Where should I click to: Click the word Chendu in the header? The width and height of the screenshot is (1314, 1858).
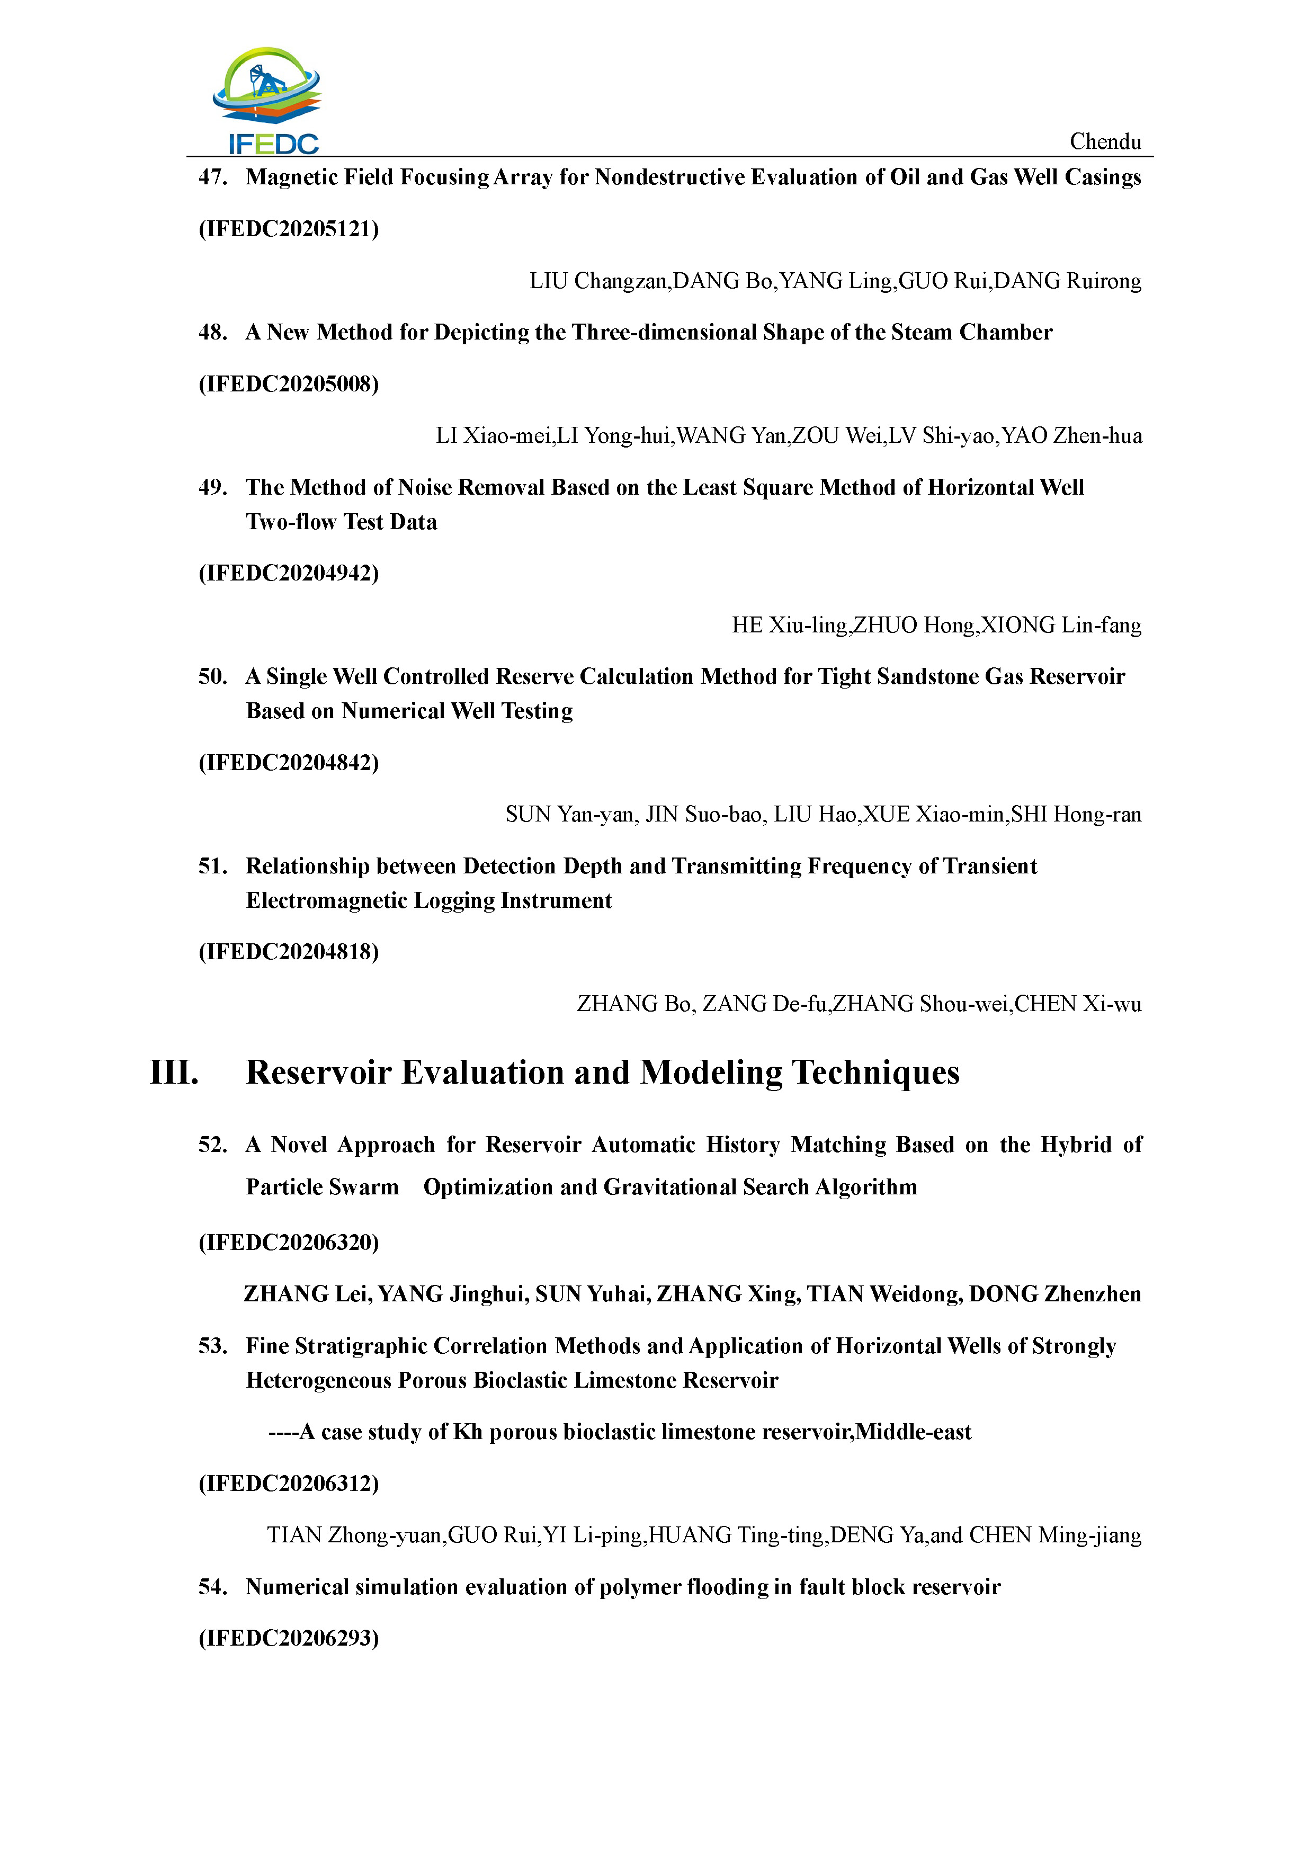point(1105,141)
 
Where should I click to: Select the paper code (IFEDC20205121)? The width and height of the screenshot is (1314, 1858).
point(289,229)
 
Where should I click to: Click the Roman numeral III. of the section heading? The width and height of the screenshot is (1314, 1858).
point(174,1073)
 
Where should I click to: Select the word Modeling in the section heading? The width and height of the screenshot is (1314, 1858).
point(711,1073)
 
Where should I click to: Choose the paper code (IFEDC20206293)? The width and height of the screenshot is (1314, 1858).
point(289,1639)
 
